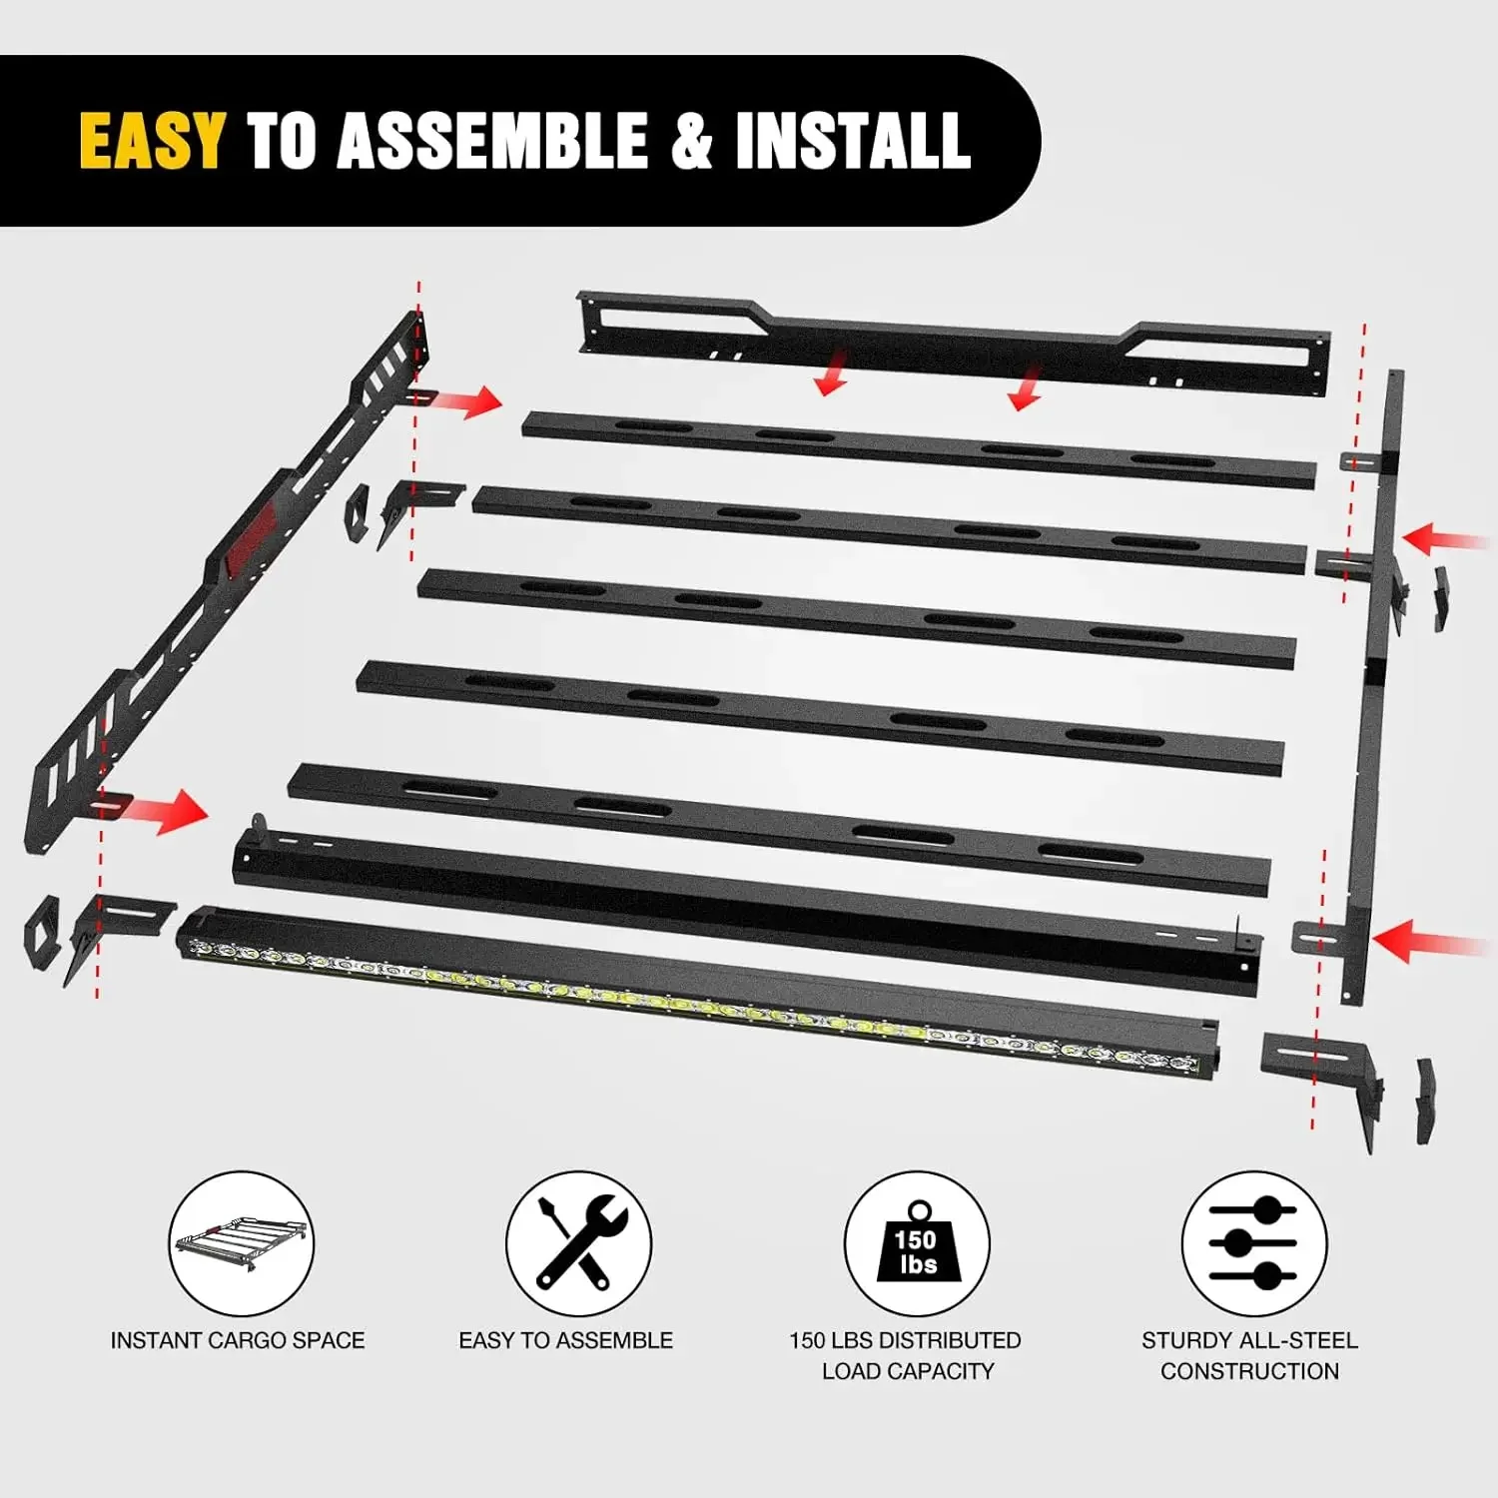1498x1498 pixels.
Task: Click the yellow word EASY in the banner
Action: tap(152, 141)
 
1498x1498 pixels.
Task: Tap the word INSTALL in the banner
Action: tap(853, 141)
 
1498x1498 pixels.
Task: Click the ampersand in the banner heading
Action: tap(691, 141)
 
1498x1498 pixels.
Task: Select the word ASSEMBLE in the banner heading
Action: tap(493, 141)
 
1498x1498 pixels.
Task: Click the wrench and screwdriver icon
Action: tap(578, 1243)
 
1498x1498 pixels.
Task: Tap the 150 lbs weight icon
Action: tap(917, 1243)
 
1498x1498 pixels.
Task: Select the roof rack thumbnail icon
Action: tap(241, 1243)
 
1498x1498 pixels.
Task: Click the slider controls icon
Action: tap(1253, 1243)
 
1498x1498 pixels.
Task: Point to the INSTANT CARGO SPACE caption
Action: tap(238, 1340)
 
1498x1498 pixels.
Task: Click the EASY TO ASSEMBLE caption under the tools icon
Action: tap(565, 1340)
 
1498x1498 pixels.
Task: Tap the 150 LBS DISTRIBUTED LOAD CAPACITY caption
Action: tap(906, 1355)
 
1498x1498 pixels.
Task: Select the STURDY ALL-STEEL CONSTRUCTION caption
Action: tap(1249, 1355)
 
